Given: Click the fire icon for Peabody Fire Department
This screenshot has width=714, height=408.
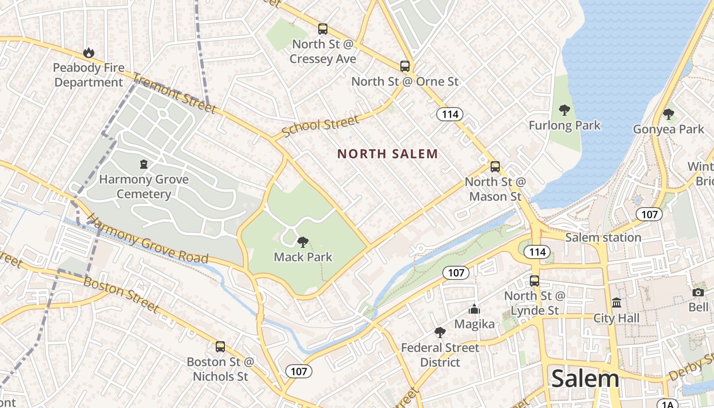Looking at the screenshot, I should point(89,53).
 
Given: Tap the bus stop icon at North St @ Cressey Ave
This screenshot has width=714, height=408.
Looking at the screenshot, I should point(322,29).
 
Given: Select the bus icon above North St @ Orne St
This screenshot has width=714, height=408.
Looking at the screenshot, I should point(404,66).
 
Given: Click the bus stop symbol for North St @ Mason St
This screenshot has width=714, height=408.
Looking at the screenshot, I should point(495,167).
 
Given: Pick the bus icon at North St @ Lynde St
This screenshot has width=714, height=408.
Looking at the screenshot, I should point(534,280).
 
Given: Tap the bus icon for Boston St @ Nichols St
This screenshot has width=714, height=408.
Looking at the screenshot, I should point(220,347).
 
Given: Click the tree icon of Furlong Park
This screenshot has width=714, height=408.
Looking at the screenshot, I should point(564,110).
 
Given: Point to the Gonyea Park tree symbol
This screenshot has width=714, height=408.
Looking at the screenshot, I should point(668,114).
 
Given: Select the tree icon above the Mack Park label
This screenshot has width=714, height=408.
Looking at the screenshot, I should point(302,242).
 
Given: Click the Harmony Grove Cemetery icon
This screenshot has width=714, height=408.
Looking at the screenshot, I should point(144,164).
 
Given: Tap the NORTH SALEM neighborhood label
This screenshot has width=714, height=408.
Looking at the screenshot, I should point(388,154).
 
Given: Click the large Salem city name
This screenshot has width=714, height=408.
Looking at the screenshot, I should point(585,378).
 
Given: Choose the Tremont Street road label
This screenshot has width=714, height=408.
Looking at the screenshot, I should point(174,93).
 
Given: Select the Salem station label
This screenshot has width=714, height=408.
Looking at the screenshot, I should point(603,237).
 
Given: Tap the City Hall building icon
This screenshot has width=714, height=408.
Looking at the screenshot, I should point(616,303).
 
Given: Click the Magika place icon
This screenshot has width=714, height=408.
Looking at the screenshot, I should point(474,309).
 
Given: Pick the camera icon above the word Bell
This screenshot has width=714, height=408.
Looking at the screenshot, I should point(698,292).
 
